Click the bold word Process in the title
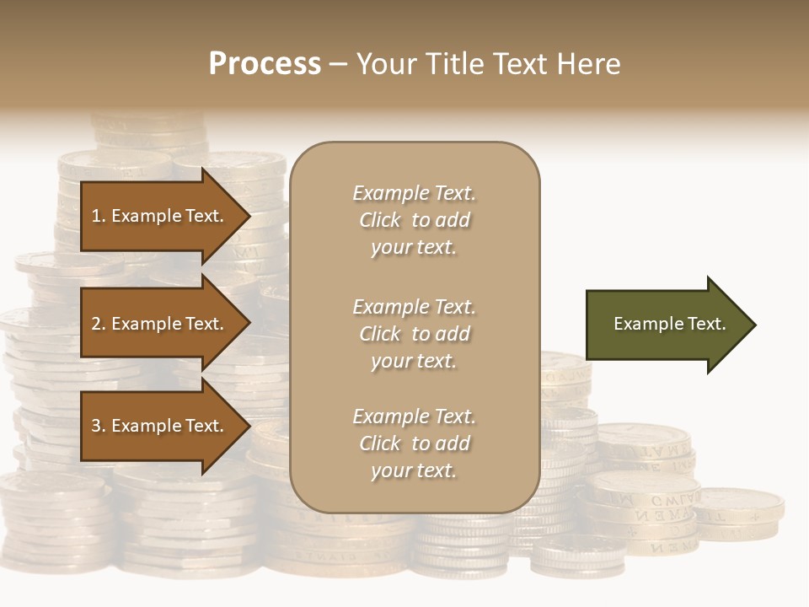click(265, 64)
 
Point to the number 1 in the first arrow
click(96, 216)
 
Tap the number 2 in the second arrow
click(96, 324)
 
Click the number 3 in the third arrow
click(96, 426)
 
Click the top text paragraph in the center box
click(414, 220)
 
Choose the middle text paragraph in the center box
click(414, 334)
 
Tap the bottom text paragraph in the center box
click(414, 443)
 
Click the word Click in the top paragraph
click(380, 220)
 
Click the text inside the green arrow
click(669, 324)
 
